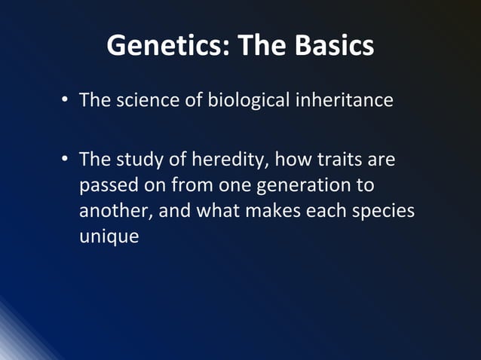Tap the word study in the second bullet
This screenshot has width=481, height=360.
139,160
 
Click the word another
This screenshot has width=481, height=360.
112,211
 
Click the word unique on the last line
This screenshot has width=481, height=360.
109,236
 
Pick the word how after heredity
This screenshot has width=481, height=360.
294,160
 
